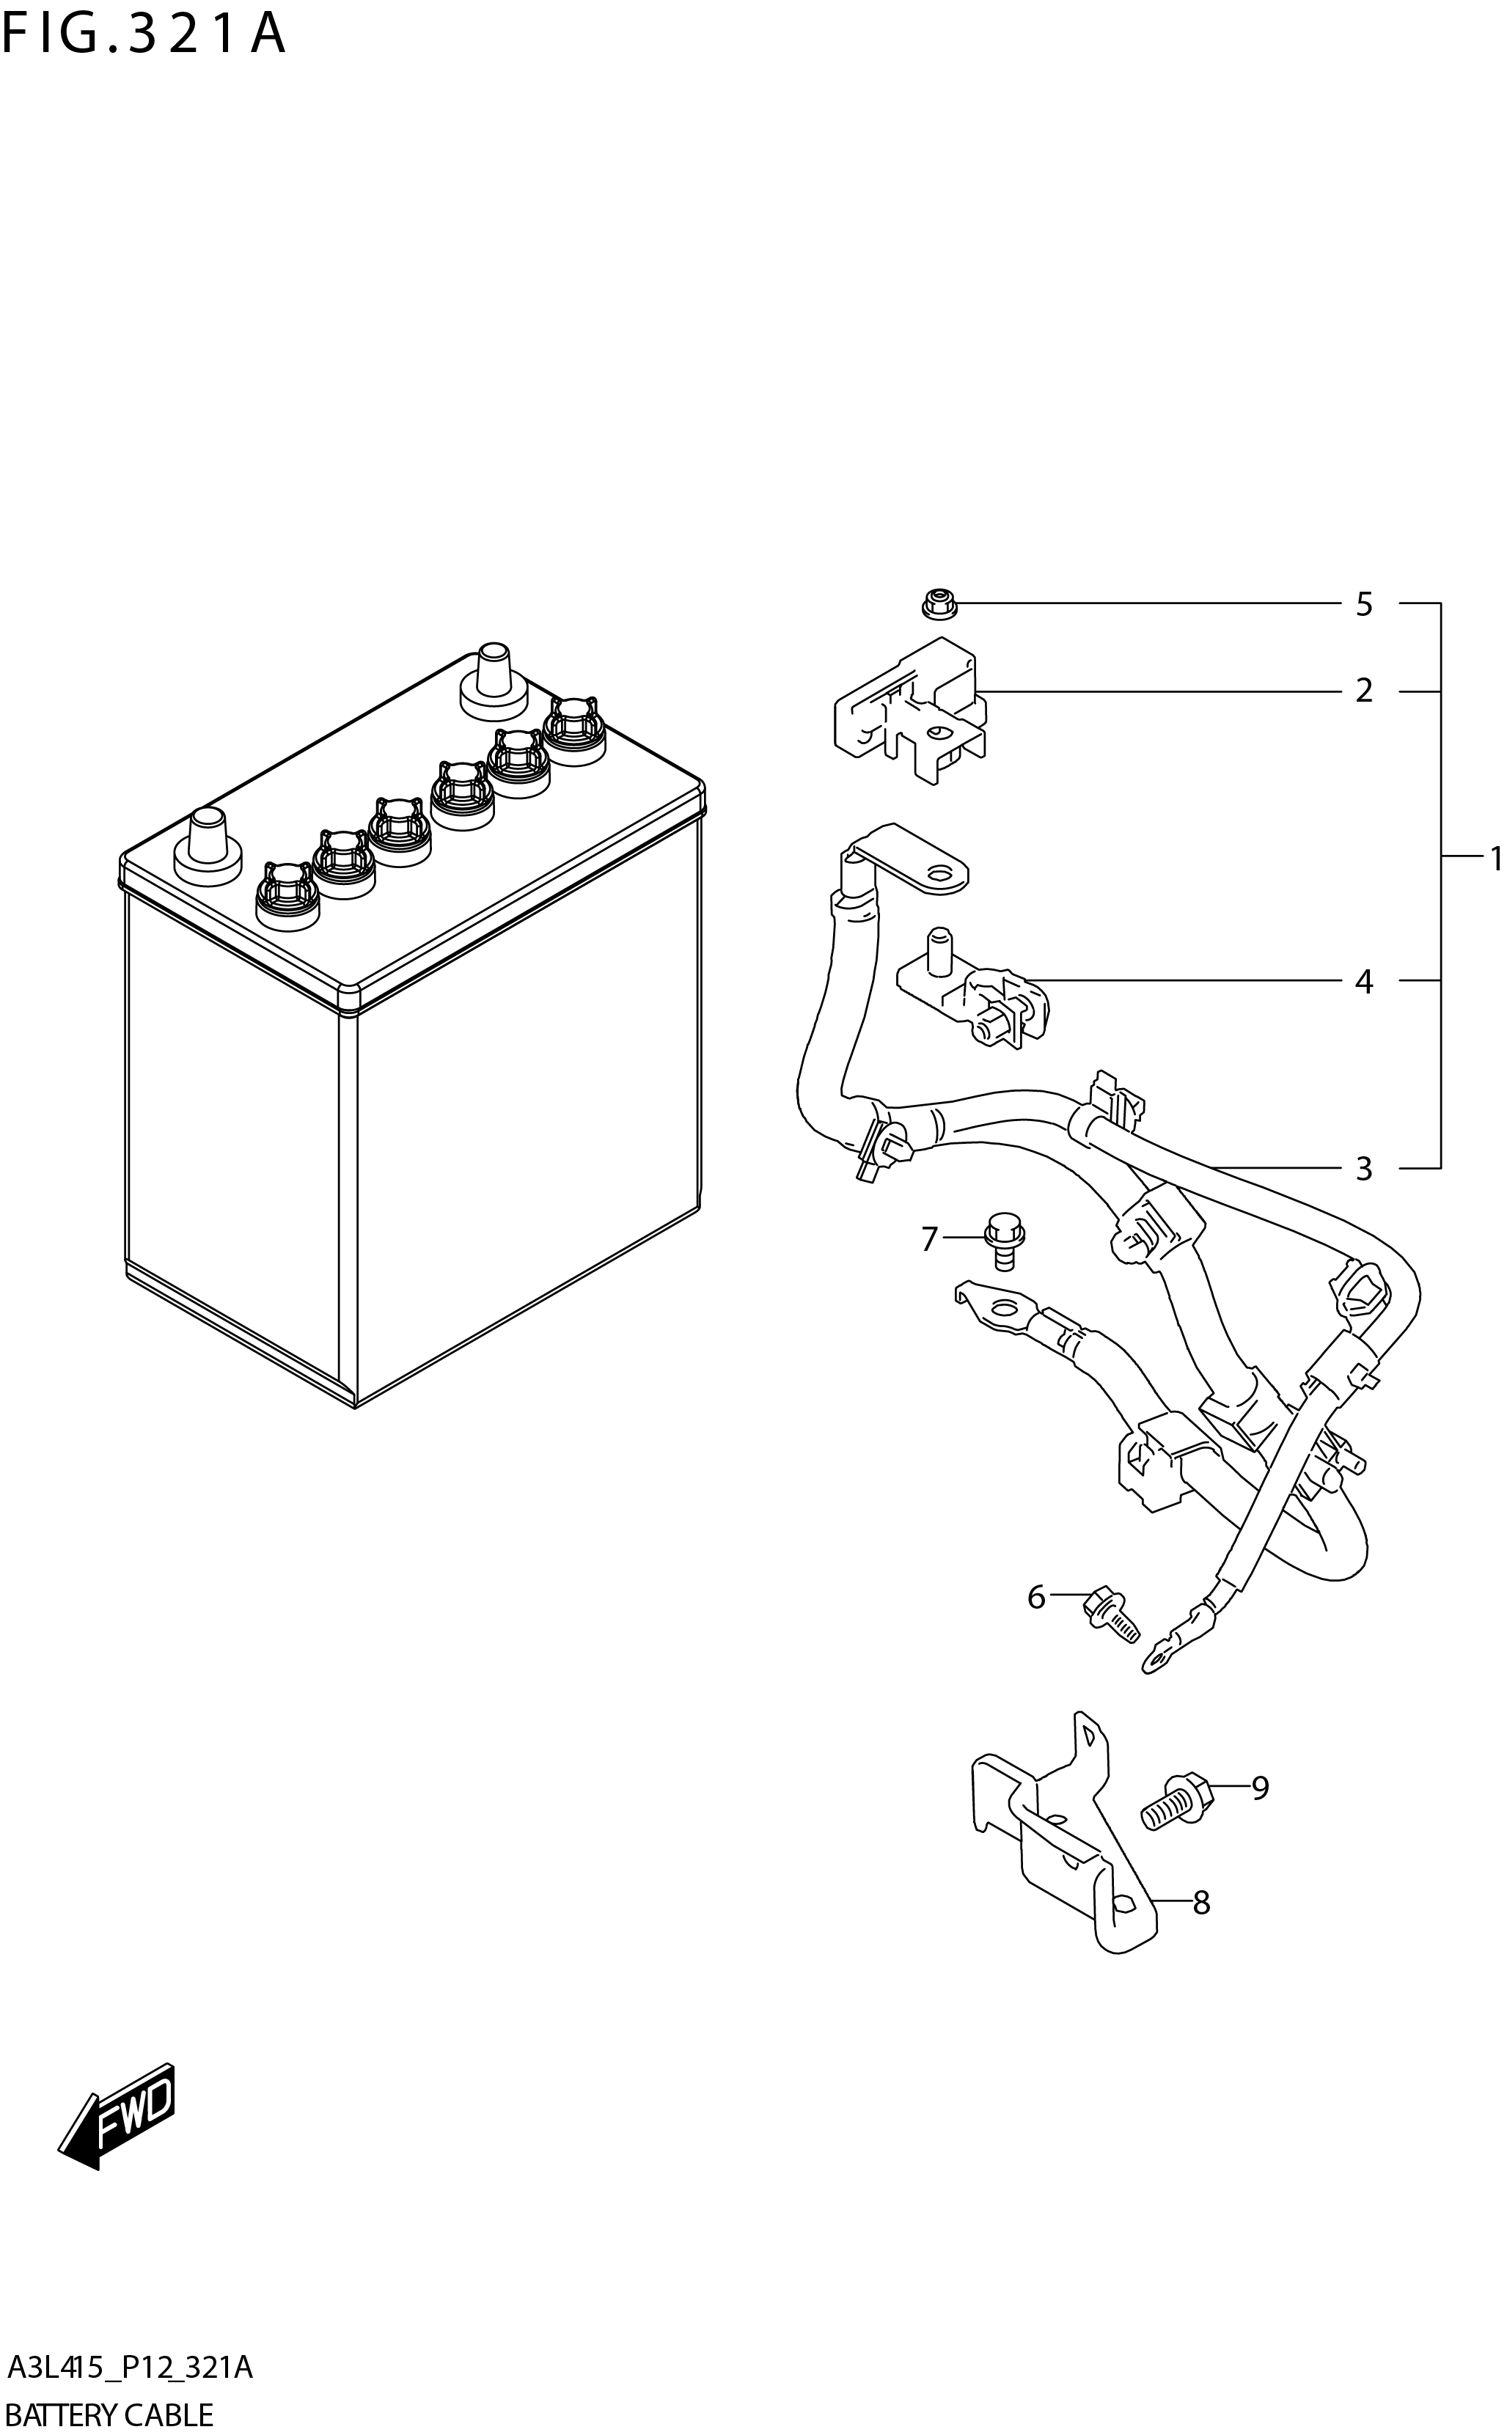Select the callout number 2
click(1363, 691)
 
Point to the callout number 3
click(1363, 1168)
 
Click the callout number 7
click(929, 1239)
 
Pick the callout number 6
click(1036, 1598)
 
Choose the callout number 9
click(1260, 1788)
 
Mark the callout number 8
click(1201, 1903)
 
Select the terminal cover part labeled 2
click(909, 713)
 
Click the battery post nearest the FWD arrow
click(206, 843)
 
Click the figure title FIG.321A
click(144, 35)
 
